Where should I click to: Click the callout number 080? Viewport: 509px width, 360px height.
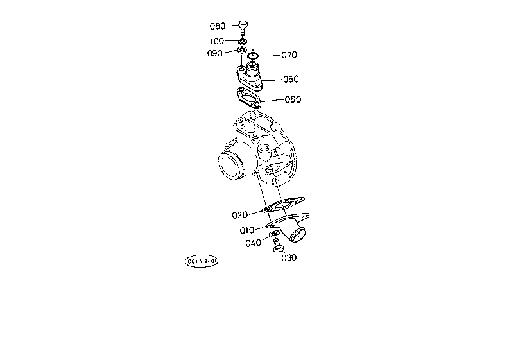tap(217, 26)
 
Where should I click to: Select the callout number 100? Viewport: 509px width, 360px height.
tap(217, 41)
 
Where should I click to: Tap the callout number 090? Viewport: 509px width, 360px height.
tap(215, 53)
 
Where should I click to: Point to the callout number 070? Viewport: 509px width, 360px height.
tap(289, 55)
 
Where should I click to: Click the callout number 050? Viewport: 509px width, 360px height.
tap(291, 79)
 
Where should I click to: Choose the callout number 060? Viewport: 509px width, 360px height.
tap(293, 99)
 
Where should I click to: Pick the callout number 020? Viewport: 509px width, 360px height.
tap(240, 215)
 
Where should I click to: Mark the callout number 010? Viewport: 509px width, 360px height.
tap(247, 230)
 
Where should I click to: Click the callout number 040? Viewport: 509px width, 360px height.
tap(253, 243)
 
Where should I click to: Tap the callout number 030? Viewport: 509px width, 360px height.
tap(289, 258)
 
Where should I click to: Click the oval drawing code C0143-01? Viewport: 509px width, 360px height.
tap(202, 261)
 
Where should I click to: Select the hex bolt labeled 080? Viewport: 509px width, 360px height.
tap(243, 28)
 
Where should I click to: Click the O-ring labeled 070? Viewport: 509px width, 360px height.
tap(253, 56)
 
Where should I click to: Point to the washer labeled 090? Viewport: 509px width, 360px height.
tap(242, 50)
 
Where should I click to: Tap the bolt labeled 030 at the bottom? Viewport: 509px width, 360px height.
tap(277, 245)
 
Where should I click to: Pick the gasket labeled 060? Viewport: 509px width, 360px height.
tap(248, 98)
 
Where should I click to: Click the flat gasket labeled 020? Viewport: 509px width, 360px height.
tap(283, 205)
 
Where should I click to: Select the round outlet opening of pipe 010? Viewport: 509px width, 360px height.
tap(298, 235)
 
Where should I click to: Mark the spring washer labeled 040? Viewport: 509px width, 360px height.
tap(274, 234)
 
